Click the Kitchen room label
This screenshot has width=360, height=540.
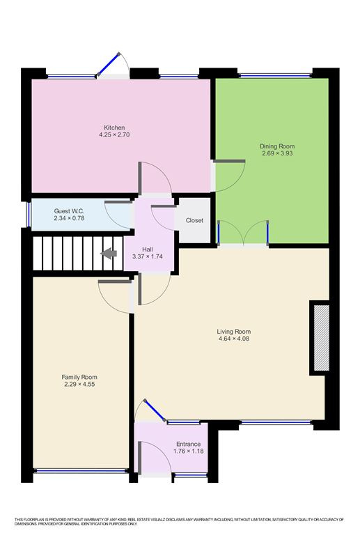point(114,128)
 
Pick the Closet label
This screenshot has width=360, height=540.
point(194,221)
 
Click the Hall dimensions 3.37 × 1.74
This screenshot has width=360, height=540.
point(148,257)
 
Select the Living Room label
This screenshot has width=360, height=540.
point(233,332)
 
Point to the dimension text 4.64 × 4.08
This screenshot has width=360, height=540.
point(233,339)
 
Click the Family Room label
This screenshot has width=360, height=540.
point(79,377)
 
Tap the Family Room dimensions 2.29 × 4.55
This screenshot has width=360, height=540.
point(79,385)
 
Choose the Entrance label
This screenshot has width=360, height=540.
point(188,445)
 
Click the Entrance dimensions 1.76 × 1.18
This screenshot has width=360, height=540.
point(188,452)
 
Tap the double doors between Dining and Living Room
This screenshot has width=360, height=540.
point(243,234)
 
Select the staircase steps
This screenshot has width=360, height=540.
point(66,254)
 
